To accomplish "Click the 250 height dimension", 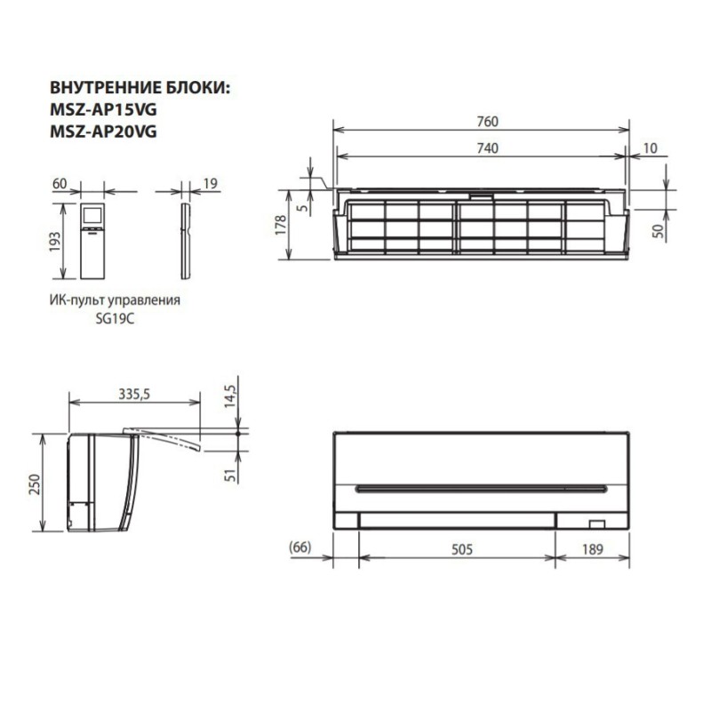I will [34, 484].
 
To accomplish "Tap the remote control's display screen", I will [92, 215].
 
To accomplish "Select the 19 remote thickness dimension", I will [211, 184].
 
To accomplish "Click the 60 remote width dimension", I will [60, 184].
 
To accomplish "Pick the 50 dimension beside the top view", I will [658, 228].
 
